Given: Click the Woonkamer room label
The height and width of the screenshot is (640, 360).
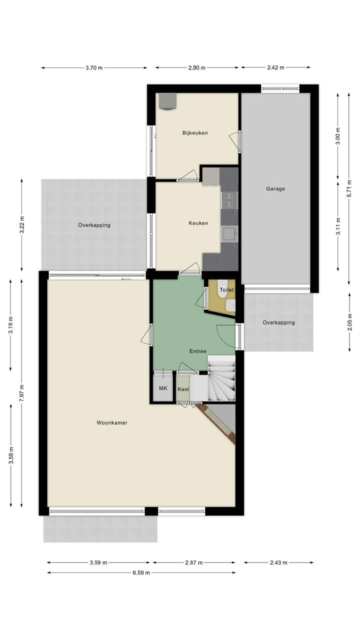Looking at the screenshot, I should tap(112, 422).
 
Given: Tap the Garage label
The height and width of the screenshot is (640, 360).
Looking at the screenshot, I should tap(275, 188).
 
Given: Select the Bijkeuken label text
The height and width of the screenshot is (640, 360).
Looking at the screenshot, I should tap(195, 133).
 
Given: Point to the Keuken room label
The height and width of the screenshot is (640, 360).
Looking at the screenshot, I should tap(198, 223).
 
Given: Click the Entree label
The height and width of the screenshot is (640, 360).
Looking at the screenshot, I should tap(197, 351).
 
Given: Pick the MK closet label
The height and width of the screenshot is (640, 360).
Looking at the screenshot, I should tap(163, 388).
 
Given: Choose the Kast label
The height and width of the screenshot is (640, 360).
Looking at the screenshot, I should tap(183, 389).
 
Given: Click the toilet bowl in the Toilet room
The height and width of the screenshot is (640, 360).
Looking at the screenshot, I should tap(230, 305).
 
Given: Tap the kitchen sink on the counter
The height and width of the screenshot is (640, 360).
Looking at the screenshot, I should tap(229, 233).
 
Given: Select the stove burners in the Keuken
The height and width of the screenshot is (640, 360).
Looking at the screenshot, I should tap(229, 199).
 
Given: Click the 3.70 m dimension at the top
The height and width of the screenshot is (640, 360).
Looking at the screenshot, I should tap(93, 68).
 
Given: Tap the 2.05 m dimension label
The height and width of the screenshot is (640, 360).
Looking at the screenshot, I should tap(349, 322).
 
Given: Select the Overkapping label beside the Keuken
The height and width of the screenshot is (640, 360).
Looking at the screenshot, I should tap(94, 225).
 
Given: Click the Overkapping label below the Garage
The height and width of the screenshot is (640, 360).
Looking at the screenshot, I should tap(278, 322).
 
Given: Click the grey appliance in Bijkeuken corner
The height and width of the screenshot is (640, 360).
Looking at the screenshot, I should tap(167, 101).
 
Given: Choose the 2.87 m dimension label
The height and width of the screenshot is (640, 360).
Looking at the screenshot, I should tap(193, 562).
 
